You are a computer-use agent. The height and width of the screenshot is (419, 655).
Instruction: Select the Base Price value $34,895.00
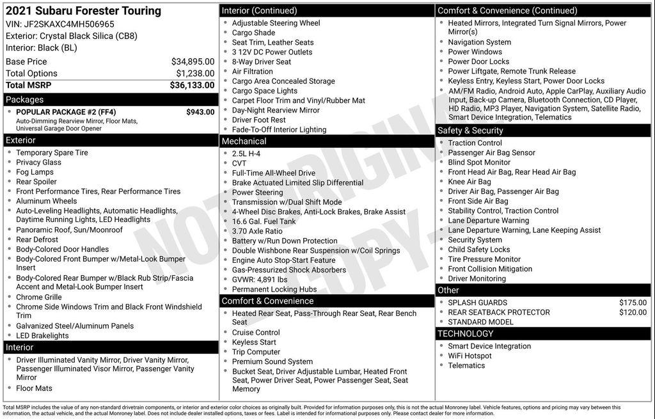tap(193, 61)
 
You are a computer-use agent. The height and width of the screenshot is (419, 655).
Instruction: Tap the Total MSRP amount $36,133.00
tap(192, 85)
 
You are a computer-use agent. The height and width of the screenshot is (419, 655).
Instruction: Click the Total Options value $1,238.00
tap(195, 74)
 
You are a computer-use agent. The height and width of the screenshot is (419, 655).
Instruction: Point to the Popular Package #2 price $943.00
tap(200, 112)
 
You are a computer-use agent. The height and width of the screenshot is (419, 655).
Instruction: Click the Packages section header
tap(25, 100)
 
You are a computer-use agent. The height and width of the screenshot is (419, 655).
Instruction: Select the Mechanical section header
tap(244, 141)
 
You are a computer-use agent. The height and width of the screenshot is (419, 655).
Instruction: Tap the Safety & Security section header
tap(470, 130)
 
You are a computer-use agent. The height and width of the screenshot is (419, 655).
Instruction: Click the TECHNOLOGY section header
tap(466, 333)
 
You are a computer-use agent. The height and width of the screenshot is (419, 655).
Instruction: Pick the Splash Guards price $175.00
tap(633, 303)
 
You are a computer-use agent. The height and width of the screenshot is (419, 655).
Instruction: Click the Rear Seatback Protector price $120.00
tap(633, 312)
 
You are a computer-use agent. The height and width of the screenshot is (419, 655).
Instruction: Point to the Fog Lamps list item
tap(35, 172)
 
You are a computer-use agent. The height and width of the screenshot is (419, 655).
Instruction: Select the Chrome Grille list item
tap(39, 297)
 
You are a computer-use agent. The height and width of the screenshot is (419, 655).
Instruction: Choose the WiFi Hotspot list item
tap(470, 356)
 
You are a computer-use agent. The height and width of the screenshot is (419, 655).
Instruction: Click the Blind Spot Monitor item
tap(479, 162)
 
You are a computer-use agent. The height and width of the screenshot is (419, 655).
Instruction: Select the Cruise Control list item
tap(256, 333)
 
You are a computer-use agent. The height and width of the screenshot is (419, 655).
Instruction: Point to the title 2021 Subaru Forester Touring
tap(83, 11)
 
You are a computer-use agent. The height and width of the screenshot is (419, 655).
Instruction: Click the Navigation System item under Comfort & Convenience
tap(479, 42)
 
